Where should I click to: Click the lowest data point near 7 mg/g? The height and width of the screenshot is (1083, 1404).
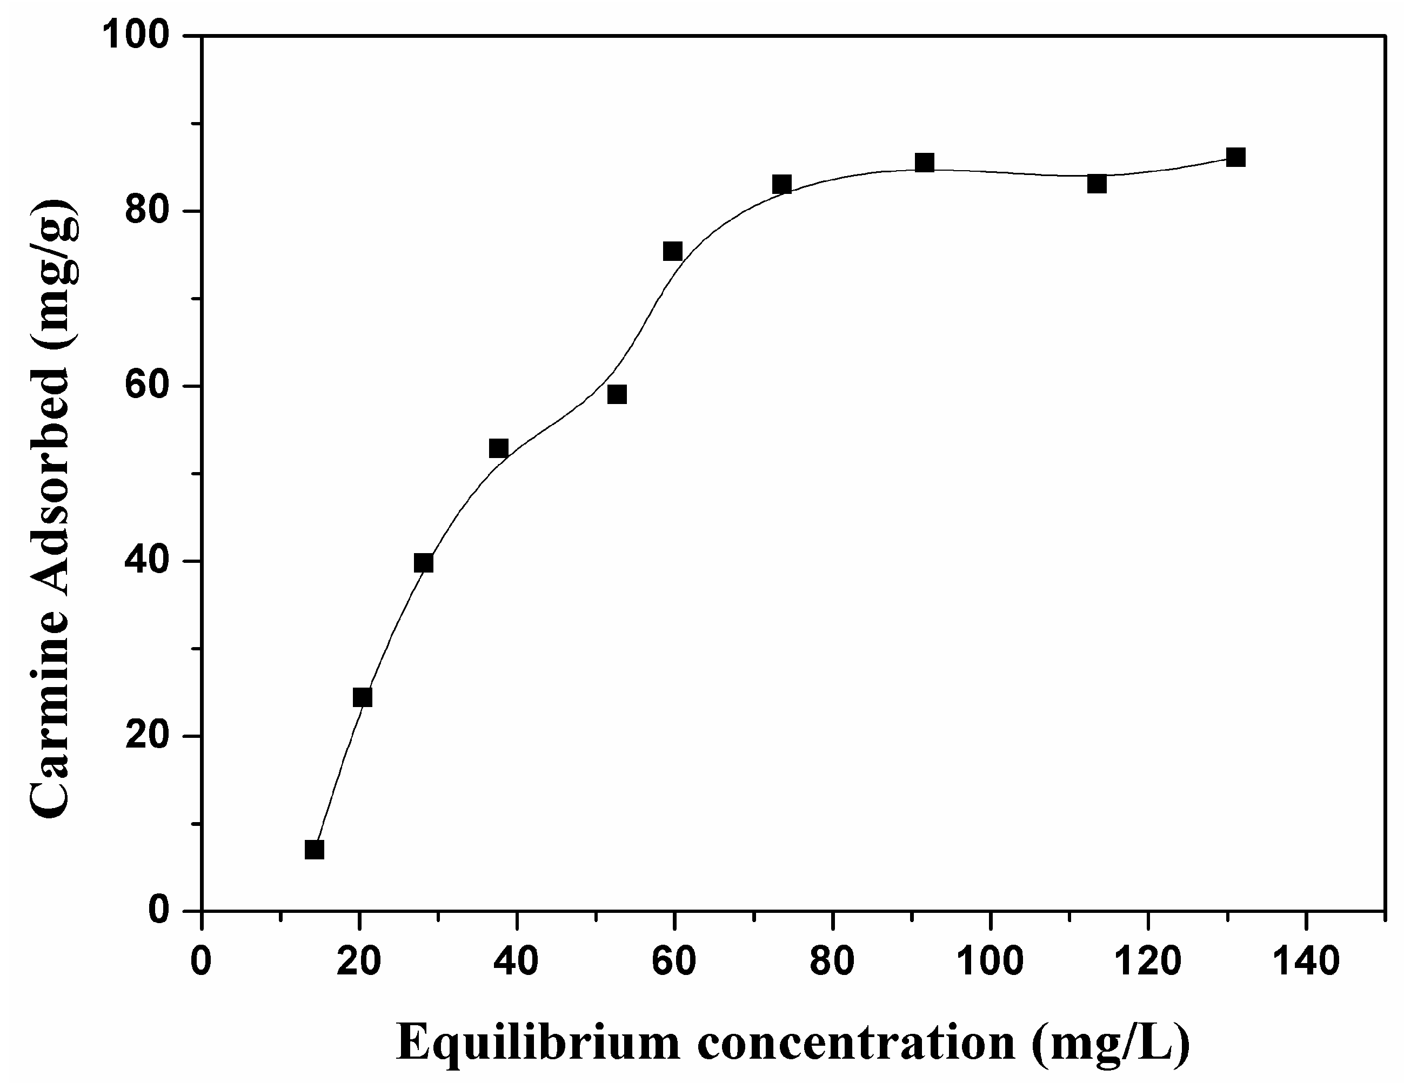point(315,850)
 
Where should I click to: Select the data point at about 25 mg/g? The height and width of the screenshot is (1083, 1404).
point(363,697)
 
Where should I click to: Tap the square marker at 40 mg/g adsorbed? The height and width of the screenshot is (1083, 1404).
point(424,563)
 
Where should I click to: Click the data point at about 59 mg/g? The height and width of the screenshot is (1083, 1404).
point(617,394)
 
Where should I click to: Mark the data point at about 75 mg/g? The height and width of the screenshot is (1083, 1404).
point(672,251)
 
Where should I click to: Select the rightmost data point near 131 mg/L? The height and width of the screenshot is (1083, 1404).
point(1235,158)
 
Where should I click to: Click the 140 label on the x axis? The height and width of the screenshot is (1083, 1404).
point(1306,962)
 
